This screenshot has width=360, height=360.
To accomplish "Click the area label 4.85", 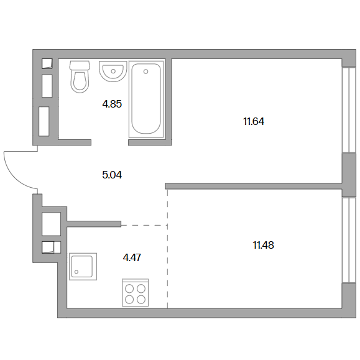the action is coord(112,104).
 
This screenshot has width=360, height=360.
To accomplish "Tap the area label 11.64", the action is coord(254,121).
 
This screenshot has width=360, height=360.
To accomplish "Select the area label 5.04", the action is coord(112,175).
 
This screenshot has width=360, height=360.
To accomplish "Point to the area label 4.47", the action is coord(132,257).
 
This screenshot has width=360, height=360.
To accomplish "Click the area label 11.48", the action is coord(264,245).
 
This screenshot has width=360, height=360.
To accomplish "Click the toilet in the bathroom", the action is coord(80,77).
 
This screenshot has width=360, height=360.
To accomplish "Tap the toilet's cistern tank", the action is coord(80,65).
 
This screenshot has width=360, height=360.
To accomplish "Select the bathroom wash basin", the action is coord(113,71).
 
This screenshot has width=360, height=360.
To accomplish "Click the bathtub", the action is coord(146,99).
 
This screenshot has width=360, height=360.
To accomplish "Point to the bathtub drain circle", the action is coord(145,72).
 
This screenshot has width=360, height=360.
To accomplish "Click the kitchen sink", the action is coord(83,267).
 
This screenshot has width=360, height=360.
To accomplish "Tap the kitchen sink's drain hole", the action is coord(76,272).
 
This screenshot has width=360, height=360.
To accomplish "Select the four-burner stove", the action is coord(135,293).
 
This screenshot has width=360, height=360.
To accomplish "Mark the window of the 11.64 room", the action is coord(349,110).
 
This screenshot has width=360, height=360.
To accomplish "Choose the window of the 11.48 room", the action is coord(349,240).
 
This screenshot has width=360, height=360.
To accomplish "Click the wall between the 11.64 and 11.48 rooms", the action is coord(254,186).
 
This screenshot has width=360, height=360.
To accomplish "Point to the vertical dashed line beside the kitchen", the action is coord(167,249).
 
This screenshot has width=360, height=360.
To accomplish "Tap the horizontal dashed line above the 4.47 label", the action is coord(144,226).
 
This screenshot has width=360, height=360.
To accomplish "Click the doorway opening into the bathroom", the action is coord(110,142).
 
